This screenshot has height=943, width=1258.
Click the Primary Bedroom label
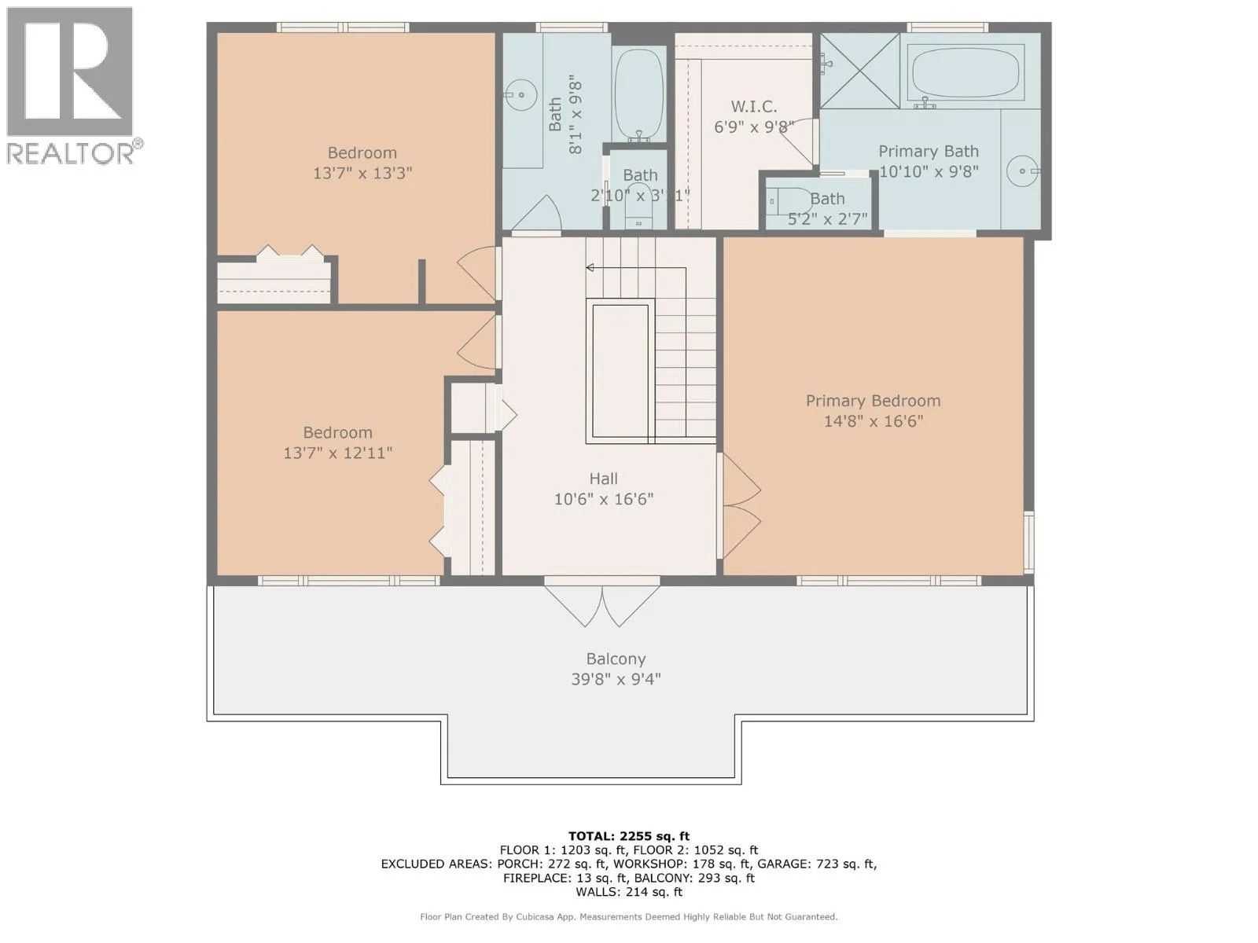point(873,401)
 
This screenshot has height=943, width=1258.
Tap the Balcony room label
point(616,659)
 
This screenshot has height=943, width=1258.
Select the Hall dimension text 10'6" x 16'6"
point(604,499)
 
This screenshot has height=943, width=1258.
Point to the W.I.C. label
point(754,107)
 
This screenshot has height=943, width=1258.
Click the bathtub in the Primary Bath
point(966,73)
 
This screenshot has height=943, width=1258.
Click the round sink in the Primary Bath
point(1023,171)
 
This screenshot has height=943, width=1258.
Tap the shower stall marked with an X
point(859,71)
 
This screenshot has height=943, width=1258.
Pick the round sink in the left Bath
point(520,94)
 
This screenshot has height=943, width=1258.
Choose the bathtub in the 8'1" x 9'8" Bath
point(638,94)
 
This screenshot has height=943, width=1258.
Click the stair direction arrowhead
point(589,267)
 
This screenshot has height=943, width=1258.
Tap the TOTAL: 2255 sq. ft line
point(629,836)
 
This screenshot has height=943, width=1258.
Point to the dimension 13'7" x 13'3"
point(362,173)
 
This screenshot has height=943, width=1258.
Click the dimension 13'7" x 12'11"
point(337,453)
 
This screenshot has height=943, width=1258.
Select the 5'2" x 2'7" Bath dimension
point(827,219)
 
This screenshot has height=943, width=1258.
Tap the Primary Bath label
point(929,152)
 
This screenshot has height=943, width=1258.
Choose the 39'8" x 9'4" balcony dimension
point(616,680)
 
